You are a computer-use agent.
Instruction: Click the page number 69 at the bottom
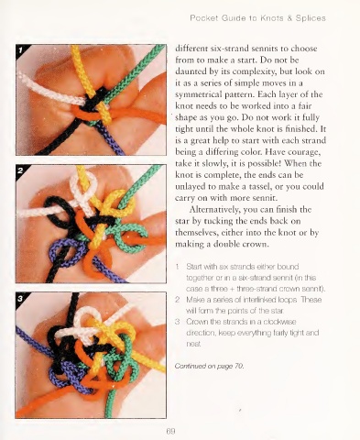tap(170, 432)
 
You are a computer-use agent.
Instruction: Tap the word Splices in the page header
tap(311, 18)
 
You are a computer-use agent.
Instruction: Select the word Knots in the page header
tap(272, 18)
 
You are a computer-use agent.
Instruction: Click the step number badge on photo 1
tap(20, 50)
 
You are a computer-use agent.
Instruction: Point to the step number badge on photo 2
tap(20, 170)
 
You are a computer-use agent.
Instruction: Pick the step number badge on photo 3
tap(20, 298)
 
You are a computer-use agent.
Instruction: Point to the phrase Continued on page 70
tap(210, 366)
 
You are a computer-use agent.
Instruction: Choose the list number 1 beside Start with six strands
tap(177, 267)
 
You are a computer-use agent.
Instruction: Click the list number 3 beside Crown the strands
tap(177, 322)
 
